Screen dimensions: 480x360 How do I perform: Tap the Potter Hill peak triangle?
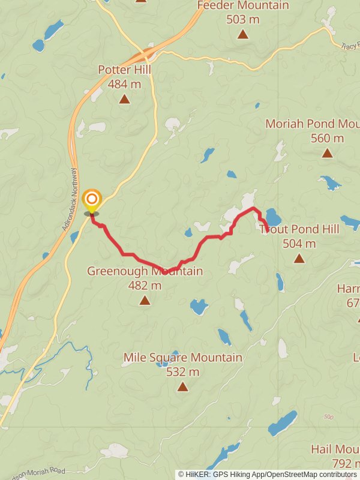(x=124, y=99)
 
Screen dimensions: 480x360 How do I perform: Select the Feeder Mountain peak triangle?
(x=242, y=34)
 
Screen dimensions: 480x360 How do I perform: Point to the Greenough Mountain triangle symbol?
(x=145, y=300)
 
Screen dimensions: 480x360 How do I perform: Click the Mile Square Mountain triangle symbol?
(x=182, y=387)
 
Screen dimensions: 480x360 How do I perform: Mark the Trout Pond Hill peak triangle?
(x=299, y=258)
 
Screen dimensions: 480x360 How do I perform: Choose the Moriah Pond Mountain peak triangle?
(x=327, y=153)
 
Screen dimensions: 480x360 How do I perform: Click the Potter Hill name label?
(x=124, y=70)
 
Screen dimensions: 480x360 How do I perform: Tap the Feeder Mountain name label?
(x=243, y=5)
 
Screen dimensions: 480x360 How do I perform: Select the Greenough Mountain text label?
(x=145, y=271)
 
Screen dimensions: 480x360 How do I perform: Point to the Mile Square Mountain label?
(x=183, y=358)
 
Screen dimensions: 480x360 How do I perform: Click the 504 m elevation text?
(x=299, y=244)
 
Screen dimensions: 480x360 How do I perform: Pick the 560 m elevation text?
(x=327, y=139)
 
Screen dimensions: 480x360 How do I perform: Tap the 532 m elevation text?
(x=182, y=372)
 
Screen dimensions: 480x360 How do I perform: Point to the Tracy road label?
(x=349, y=46)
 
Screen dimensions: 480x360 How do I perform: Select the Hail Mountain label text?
(x=335, y=449)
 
